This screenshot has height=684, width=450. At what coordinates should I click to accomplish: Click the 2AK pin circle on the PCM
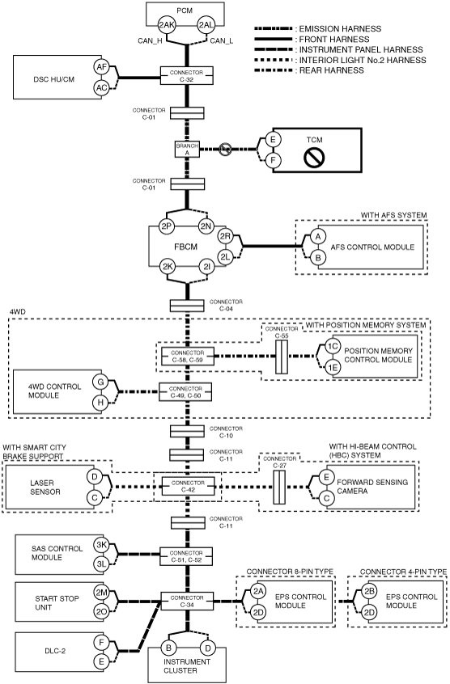[x=166, y=25]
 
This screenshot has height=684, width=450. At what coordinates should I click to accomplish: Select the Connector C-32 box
[x=186, y=75]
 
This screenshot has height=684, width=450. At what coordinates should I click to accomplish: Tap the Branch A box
[x=187, y=150]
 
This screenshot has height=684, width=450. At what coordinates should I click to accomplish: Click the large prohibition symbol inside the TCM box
[x=314, y=158]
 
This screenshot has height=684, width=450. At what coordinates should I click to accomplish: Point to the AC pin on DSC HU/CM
[x=101, y=88]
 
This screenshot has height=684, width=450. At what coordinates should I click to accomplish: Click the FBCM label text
[x=186, y=247]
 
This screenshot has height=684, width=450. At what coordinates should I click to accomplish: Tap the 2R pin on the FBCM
[x=225, y=236]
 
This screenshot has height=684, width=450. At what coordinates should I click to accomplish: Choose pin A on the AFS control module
[x=318, y=236]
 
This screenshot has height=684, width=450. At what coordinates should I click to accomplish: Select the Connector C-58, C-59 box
[x=187, y=356]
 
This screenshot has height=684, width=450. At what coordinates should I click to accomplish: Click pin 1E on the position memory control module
[x=333, y=367]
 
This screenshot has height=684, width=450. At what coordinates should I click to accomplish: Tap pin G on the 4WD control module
[x=100, y=382]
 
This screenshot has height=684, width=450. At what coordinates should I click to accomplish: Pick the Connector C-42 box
[x=188, y=486]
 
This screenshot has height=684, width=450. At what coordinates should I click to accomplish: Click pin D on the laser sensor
[x=94, y=476]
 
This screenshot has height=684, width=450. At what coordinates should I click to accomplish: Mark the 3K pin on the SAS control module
[x=102, y=545]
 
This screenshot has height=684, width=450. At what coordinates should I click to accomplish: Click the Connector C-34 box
[x=187, y=601]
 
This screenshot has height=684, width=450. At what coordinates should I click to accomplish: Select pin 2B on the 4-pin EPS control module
[x=369, y=591]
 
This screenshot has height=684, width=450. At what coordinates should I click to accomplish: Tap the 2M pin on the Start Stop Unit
[x=102, y=593]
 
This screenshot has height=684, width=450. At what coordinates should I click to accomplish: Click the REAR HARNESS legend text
[x=331, y=70]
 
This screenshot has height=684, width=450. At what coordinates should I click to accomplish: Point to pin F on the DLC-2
[x=101, y=642]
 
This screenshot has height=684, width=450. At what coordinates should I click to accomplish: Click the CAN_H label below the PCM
[x=151, y=41]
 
